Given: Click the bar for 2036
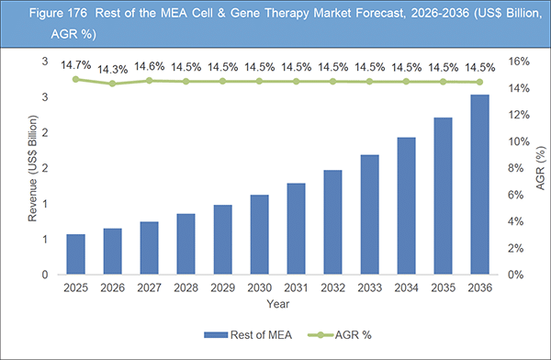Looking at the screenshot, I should click(479, 185).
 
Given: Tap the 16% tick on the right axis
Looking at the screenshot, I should click(515, 62).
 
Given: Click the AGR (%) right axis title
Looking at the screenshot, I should click(539, 168).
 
